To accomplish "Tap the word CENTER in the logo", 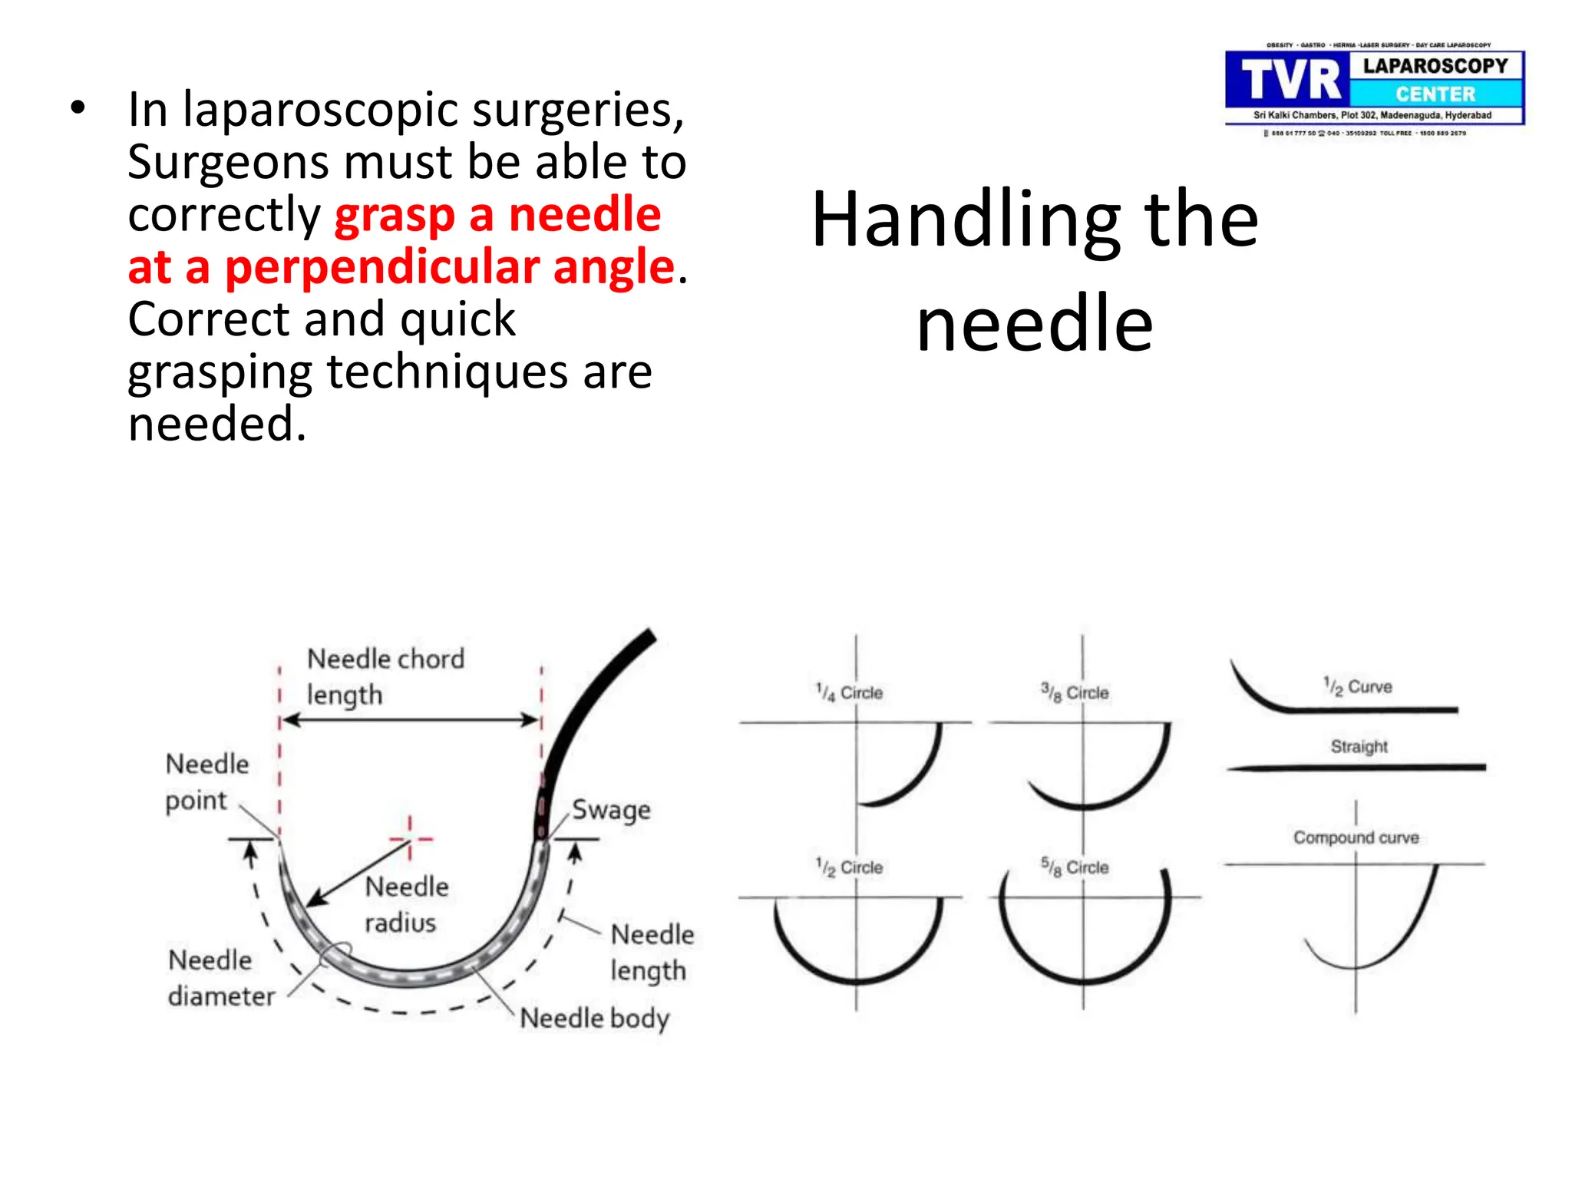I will tap(1435, 94).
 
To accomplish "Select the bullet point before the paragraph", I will tap(77, 108).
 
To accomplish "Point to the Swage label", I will tap(611, 811).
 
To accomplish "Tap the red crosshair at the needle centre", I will tap(410, 838).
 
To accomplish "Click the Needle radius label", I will tap(405, 904).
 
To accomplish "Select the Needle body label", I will tap(594, 1019).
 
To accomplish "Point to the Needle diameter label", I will tap(220, 978).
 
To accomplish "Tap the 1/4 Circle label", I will tap(849, 692).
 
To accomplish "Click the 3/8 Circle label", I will tap(1075, 692).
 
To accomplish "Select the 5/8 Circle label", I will tap(1075, 867).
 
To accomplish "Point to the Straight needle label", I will tap(1359, 746).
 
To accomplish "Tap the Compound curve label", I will tap(1356, 837).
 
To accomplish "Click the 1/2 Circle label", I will tap(849, 867).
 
